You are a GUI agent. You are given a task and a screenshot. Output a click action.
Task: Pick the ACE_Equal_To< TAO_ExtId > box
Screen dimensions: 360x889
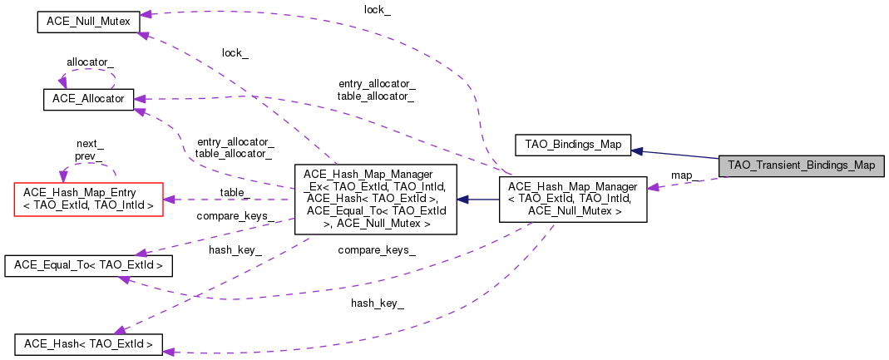pos(88,266)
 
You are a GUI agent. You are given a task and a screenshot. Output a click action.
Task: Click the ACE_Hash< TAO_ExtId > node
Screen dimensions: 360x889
pos(88,343)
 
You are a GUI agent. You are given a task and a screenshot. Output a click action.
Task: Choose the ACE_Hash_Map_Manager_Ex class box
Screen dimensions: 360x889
pos(375,199)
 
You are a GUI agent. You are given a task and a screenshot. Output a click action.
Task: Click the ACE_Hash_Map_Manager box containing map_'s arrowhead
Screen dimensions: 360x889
pos(573,199)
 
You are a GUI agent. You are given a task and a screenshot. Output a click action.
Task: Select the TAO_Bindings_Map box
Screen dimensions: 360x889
pos(573,144)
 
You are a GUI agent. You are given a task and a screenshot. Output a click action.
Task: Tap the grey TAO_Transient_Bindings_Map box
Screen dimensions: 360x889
pos(801,165)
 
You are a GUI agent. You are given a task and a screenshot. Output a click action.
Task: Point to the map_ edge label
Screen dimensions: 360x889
pos(684,175)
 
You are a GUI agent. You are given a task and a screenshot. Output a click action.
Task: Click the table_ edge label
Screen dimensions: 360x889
pos(235,191)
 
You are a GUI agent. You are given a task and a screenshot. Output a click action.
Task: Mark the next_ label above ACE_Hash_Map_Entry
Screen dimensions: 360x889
pos(89,143)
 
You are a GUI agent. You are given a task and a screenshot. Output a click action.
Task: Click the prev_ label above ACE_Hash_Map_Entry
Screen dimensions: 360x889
pos(89,155)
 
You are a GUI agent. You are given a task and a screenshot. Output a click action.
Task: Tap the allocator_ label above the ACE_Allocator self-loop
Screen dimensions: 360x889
pos(90,62)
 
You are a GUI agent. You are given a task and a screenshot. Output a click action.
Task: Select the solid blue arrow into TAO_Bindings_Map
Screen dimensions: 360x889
pos(674,154)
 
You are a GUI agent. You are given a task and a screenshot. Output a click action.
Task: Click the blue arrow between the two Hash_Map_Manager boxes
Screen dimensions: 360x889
pos(478,200)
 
